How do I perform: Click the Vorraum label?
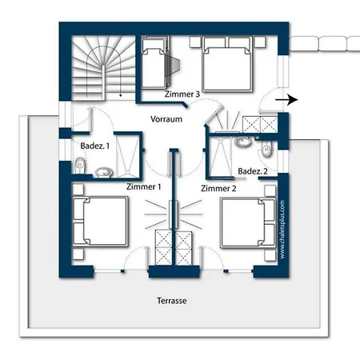166,119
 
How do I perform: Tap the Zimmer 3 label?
182,94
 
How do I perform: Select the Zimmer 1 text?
144,186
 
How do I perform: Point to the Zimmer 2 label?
218,189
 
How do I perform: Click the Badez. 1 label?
94,146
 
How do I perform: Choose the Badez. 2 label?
253,171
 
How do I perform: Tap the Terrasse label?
172,301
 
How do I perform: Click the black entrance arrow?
286,100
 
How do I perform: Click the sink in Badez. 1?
104,172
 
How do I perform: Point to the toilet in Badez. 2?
266,150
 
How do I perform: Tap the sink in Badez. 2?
242,142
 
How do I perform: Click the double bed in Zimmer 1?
100,222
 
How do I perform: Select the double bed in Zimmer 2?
248,223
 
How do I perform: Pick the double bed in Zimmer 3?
227,64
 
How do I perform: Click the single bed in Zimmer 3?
154,63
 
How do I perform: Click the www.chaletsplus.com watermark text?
282,230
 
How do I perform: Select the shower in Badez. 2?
221,157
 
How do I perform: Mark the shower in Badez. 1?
127,155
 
